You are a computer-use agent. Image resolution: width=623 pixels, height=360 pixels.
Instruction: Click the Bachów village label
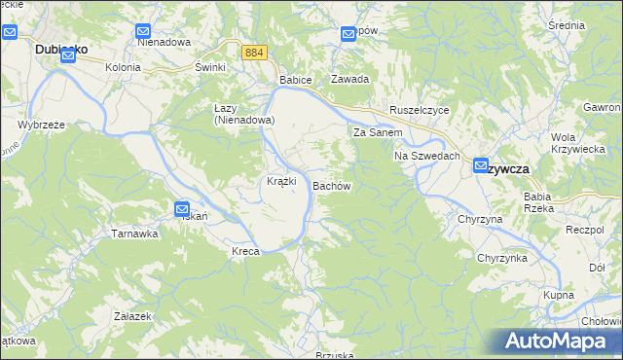(x=331, y=185)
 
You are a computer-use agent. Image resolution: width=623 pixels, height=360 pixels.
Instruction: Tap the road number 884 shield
(x=254, y=53)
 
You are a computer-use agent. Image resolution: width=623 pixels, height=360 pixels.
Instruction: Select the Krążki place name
(x=281, y=182)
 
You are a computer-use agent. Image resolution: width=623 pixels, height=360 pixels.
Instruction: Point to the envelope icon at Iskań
(x=182, y=208)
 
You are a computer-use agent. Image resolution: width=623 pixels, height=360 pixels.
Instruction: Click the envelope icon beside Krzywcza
(x=481, y=166)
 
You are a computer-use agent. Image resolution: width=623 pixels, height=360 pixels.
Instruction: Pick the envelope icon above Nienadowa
(x=144, y=31)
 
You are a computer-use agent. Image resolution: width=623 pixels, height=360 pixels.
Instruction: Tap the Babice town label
(x=295, y=79)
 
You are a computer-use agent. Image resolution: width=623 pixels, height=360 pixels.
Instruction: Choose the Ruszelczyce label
(x=419, y=111)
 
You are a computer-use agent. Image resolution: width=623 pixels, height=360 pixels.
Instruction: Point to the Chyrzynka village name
(x=501, y=258)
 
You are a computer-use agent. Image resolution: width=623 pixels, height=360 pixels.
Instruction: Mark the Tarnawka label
(x=134, y=234)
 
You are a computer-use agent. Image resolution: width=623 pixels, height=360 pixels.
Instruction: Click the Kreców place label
(x=245, y=252)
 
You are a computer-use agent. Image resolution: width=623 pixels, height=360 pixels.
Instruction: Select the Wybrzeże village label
(x=42, y=126)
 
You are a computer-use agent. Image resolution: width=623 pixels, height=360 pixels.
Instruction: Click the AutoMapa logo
(x=559, y=341)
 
